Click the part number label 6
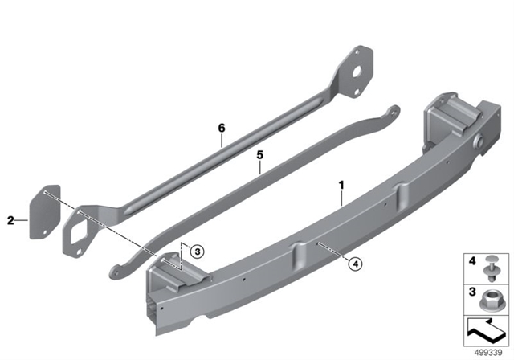(x=222, y=128)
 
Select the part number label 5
(x=260, y=155)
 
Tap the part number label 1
(x=341, y=186)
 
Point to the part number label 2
(x=10, y=221)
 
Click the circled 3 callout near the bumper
(x=198, y=252)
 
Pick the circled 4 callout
(x=355, y=264)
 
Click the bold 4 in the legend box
(x=472, y=261)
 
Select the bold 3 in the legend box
(x=472, y=292)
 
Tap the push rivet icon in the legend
(x=491, y=268)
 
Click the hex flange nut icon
(x=489, y=300)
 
